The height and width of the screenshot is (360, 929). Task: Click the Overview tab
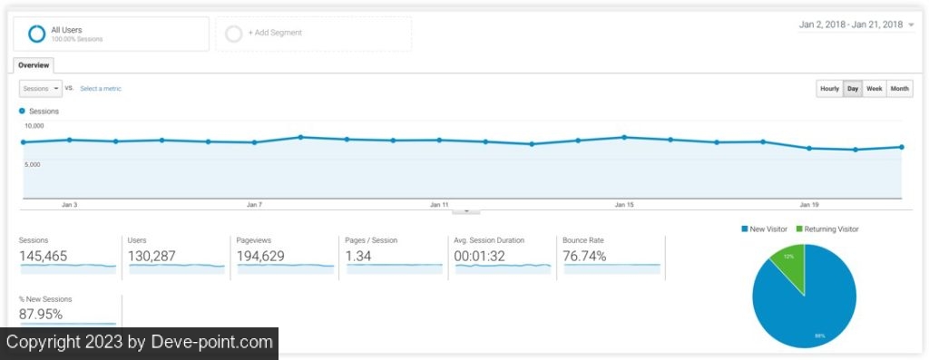point(34,65)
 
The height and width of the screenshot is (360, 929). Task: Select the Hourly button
point(829,89)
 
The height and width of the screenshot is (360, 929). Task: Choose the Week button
point(874,89)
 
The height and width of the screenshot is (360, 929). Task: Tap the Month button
point(899,89)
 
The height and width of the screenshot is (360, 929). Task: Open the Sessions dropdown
point(40,89)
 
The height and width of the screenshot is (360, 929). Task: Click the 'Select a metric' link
point(101,89)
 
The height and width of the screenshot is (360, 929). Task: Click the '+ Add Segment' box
point(313,34)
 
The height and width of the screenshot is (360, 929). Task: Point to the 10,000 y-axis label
point(34,126)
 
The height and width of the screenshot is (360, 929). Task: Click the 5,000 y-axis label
point(32,165)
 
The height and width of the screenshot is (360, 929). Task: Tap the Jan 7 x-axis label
point(254,205)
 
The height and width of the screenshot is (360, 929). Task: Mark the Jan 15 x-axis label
point(624,205)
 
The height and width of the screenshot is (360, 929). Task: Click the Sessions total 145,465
point(44,257)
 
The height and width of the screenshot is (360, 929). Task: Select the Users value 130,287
point(152,257)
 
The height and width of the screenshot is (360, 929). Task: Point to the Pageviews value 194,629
point(260,257)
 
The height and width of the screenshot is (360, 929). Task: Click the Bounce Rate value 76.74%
point(585,257)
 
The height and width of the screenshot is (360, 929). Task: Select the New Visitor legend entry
point(764,229)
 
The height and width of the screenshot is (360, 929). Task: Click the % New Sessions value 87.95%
point(41,315)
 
